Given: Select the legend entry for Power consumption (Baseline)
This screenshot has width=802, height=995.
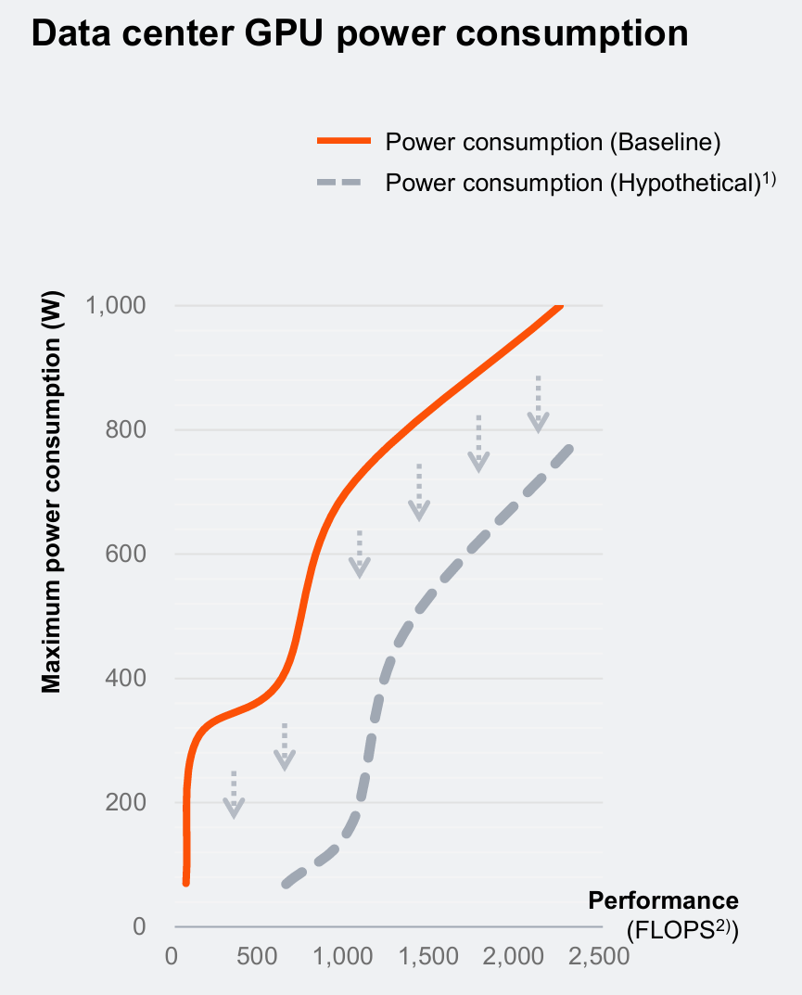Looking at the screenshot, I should click(x=553, y=142).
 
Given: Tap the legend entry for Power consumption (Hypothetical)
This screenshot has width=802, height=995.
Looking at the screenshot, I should click(x=579, y=183).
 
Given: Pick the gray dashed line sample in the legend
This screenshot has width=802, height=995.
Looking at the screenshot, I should click(x=344, y=183).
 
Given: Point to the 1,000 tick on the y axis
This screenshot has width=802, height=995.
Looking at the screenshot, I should click(x=116, y=305).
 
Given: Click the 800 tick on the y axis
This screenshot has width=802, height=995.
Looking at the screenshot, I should click(x=127, y=429).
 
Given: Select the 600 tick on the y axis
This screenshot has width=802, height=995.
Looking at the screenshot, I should click(x=127, y=554).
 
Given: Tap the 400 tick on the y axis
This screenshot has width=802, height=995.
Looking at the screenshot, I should click(x=127, y=678).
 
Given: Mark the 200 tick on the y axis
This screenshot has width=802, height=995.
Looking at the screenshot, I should click(x=127, y=802).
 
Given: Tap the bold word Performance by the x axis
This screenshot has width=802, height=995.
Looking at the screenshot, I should click(x=663, y=900).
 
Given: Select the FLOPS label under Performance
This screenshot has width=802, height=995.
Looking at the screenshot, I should click(x=682, y=929).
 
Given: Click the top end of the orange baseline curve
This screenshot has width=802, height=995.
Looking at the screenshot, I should click(x=558, y=306).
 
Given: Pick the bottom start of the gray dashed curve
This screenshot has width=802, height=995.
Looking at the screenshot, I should click(x=286, y=884).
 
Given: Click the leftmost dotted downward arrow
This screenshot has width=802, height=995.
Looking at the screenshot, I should click(x=234, y=795).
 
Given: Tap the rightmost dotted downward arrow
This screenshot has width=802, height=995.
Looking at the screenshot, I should click(x=539, y=404).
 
